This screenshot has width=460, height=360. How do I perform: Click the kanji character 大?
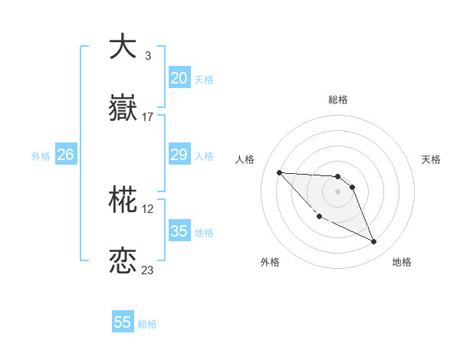123,47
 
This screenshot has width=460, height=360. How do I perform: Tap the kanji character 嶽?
123,109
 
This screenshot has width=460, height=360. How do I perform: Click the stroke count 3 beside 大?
147,56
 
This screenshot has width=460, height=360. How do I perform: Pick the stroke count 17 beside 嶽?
148,117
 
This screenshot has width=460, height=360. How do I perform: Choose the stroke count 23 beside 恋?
148,270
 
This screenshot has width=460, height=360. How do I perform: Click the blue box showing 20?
179,78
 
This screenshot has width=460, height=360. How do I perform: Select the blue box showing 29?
179,155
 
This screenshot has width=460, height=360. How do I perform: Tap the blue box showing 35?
179,231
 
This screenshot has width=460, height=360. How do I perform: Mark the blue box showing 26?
65,155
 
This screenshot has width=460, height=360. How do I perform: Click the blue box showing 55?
123,322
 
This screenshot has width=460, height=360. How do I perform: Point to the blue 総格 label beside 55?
147,324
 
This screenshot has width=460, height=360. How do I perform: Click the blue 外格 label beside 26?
41,156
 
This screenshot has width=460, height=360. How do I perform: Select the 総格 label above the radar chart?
337,100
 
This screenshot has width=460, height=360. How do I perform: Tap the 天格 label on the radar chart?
431,159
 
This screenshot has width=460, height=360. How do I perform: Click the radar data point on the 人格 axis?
279,172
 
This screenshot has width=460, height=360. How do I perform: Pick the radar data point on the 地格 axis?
374,242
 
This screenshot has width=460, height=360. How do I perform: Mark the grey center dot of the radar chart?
337,191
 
